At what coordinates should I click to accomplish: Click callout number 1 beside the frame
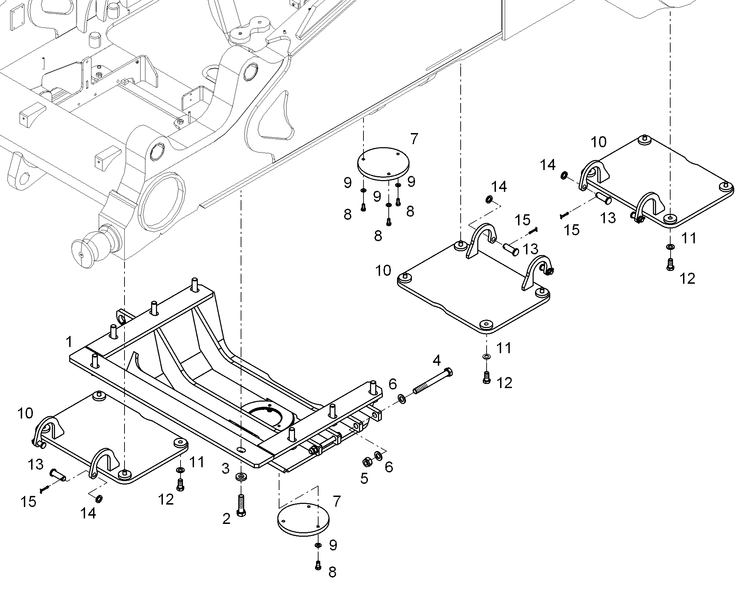pyautogui.click(x=69, y=341)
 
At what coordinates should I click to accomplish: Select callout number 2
pyautogui.click(x=227, y=519)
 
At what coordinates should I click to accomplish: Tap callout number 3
pyautogui.click(x=226, y=469)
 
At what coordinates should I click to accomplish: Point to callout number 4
pyautogui.click(x=436, y=360)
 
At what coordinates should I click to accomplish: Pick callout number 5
pyautogui.click(x=364, y=479)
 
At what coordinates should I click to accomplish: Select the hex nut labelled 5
pyautogui.click(x=367, y=462)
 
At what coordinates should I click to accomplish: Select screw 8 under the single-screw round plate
pyautogui.click(x=318, y=566)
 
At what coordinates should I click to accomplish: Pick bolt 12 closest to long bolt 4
pyautogui.click(x=487, y=377)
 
